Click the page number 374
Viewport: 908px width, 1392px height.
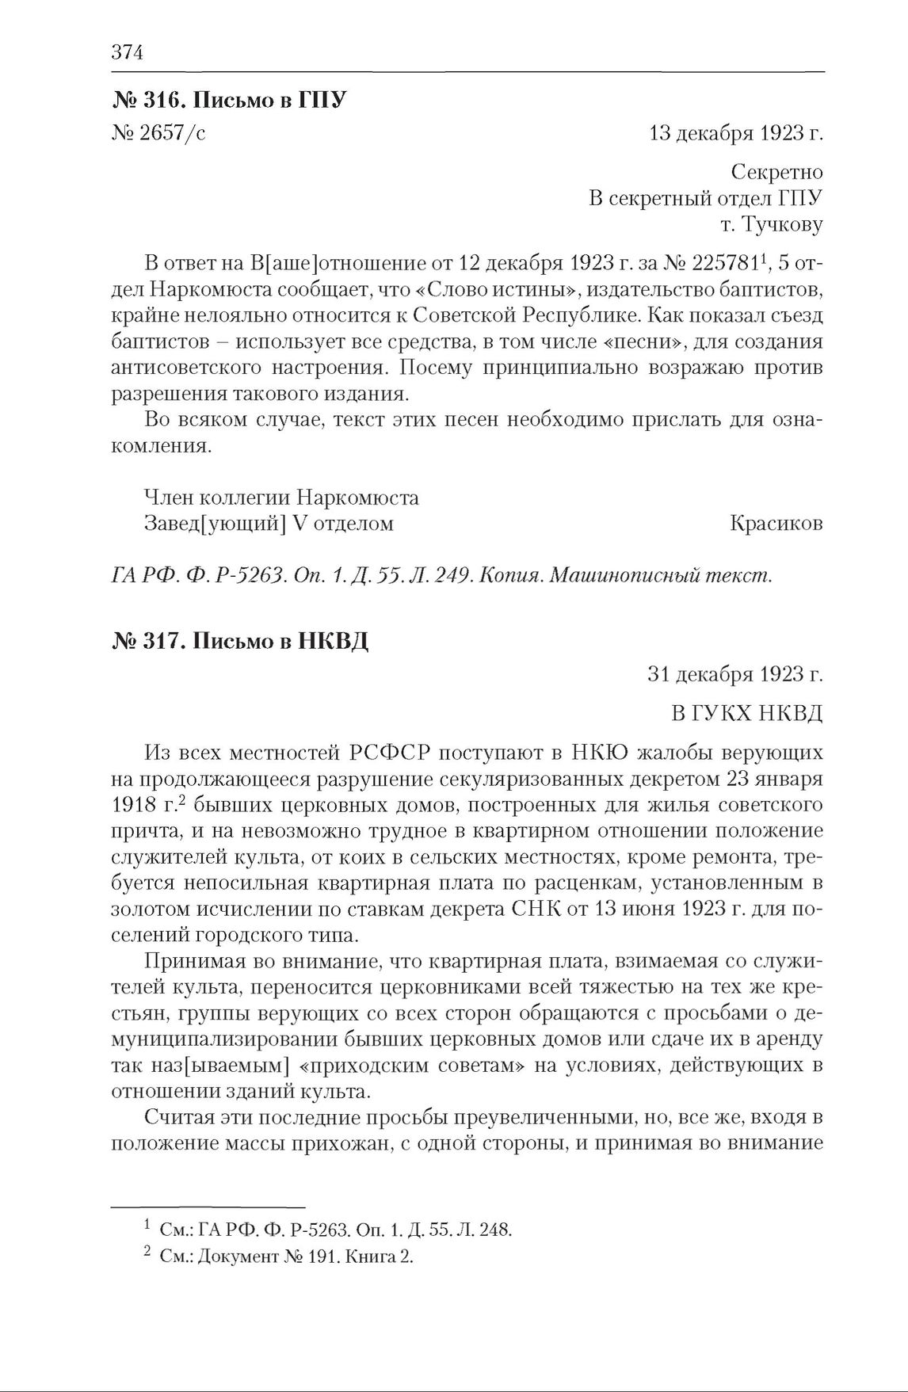(x=126, y=52)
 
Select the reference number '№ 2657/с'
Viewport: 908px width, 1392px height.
(x=159, y=133)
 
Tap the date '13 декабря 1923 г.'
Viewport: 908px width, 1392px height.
(x=735, y=133)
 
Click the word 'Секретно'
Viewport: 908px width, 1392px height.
(x=776, y=172)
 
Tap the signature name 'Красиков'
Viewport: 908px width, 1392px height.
(x=776, y=524)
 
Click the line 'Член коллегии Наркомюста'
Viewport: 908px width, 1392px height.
(x=280, y=498)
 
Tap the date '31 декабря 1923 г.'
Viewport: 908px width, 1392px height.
(x=735, y=674)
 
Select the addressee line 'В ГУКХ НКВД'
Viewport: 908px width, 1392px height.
(x=746, y=713)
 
